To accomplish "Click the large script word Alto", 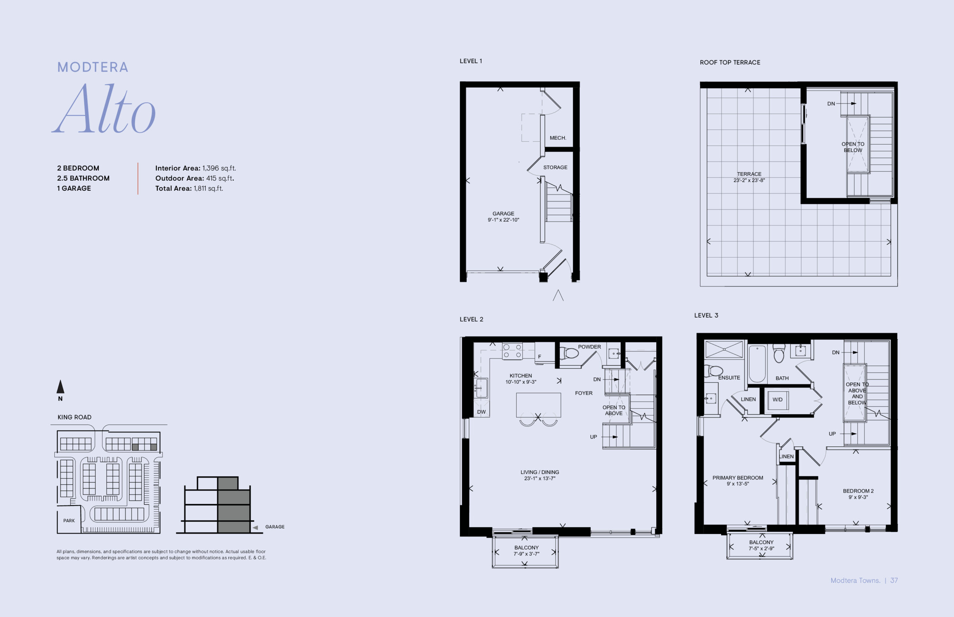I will coord(104,109).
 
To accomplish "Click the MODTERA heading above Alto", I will coord(92,67).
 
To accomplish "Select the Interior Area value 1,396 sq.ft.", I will coord(219,168).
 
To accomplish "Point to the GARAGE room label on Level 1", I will coord(503,213).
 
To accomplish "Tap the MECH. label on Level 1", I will coord(558,138).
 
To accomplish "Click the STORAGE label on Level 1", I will coord(555,167).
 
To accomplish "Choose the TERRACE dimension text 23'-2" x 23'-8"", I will coord(749,180).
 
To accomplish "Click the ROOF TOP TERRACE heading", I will coord(730,63).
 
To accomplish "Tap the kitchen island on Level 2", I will coord(538,405).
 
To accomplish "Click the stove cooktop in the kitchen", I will coord(512,351).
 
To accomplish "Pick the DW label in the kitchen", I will coord(481,412).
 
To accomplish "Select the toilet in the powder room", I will coord(570,353).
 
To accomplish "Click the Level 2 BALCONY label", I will coord(527,548).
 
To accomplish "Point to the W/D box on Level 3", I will coord(777,399).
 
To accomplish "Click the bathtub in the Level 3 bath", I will coord(757,363).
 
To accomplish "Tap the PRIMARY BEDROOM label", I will coord(737,478).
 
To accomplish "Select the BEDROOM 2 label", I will coord(858,491).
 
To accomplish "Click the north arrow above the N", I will coord(60,387).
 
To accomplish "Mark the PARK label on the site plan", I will coord(69,521).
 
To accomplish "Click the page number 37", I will coord(894,580).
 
